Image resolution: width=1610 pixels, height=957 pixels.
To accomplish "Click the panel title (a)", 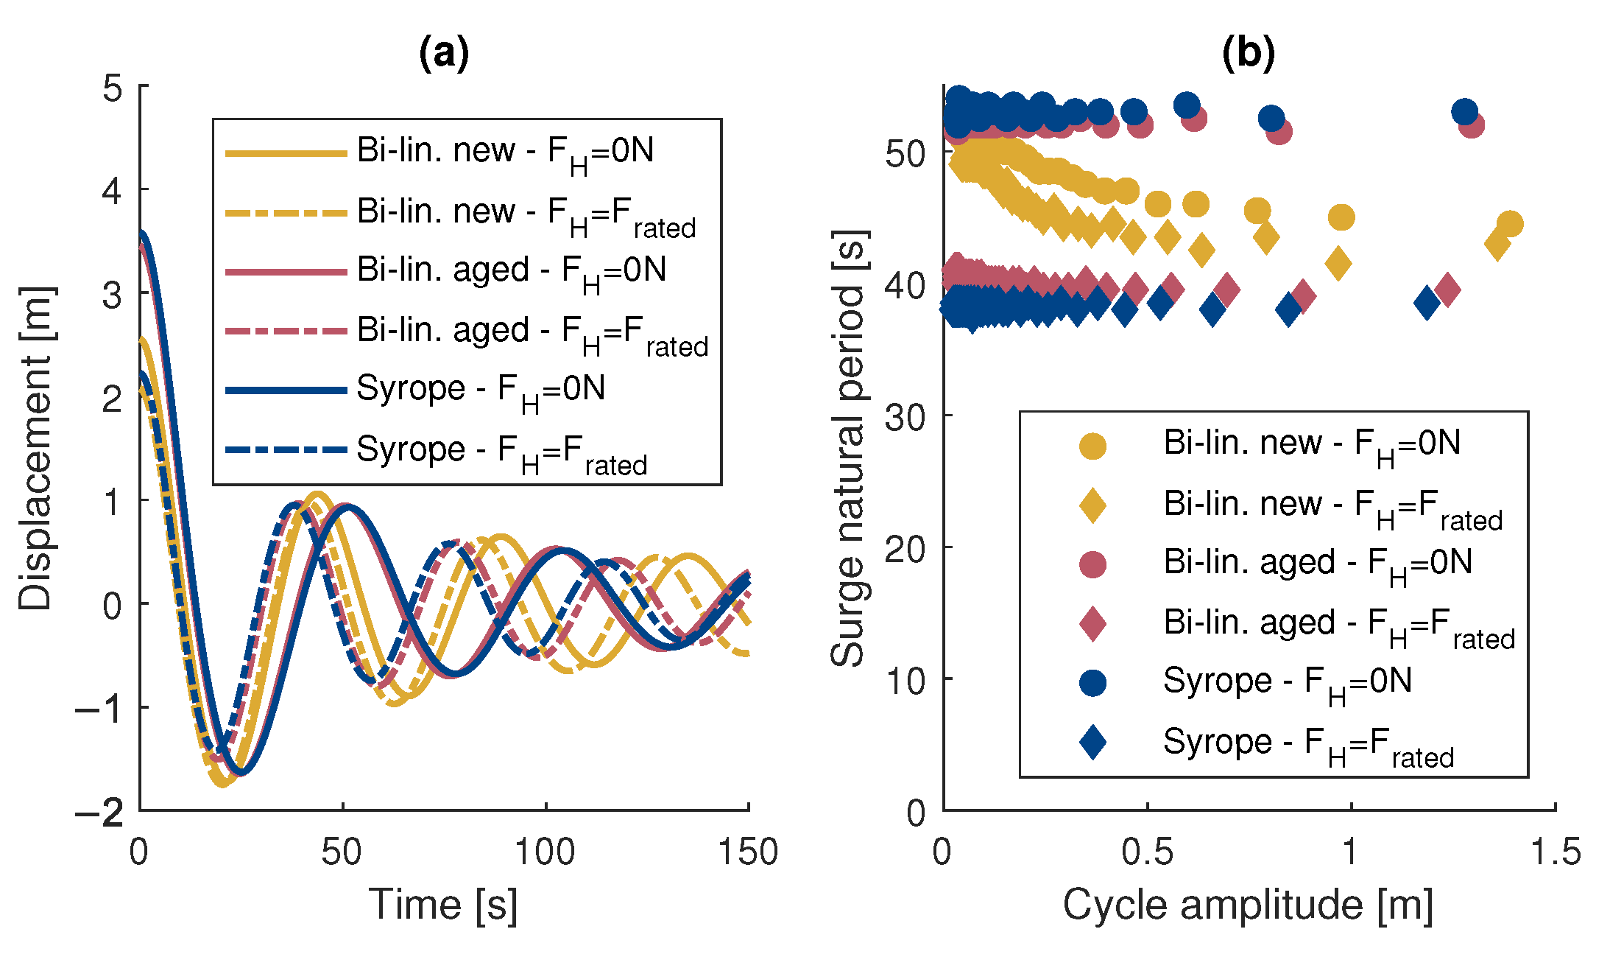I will tap(443, 53).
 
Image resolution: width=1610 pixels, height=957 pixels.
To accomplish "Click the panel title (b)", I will tap(1248, 53).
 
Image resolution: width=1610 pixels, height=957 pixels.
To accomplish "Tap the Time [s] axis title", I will tap(443, 905).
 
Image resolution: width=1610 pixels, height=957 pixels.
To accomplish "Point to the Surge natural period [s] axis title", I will tap(848, 448).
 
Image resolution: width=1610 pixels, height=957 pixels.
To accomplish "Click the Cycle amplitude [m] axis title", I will tap(1248, 905).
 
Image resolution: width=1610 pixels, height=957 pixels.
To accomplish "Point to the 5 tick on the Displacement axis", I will tap(113, 88).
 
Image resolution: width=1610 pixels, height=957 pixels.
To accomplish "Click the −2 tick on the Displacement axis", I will tap(100, 813).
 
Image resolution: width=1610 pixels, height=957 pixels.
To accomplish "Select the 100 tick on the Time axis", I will tap(545, 852).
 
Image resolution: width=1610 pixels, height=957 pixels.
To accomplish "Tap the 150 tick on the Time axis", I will tap(748, 852).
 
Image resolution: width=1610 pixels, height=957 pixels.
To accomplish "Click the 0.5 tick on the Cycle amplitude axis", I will tap(1147, 852).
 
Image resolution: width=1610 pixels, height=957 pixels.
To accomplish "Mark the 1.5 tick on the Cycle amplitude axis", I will tap(1555, 852).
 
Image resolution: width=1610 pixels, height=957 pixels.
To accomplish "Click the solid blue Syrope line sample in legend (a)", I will tap(286, 390).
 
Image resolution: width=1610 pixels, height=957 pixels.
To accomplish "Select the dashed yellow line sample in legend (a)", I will tap(286, 213).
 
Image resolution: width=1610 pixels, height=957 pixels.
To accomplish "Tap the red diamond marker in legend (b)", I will tap(1092, 623).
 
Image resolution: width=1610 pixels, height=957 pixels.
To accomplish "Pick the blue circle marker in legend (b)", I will tap(1092, 683).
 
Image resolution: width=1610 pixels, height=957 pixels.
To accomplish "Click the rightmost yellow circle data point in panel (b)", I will tap(1509, 224).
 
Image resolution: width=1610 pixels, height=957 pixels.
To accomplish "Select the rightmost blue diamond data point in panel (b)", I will tap(1427, 303).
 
